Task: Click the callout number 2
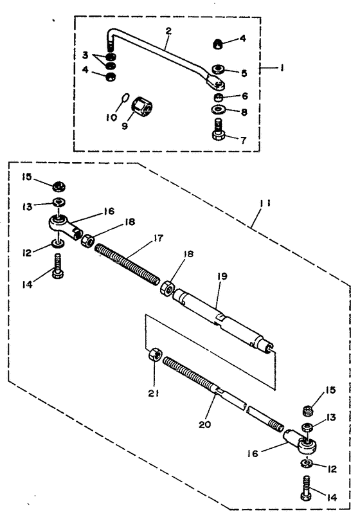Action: tap(168, 32)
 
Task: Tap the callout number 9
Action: tap(125, 126)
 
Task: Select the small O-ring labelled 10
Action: tap(124, 98)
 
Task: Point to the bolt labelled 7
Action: tap(219, 130)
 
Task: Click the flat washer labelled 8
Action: tap(219, 109)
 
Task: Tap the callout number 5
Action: tap(244, 73)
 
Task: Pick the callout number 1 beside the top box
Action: tap(282, 68)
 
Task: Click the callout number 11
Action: tap(265, 203)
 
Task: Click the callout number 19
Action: tap(222, 276)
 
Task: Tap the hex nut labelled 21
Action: tap(155, 354)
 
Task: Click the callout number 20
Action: tap(204, 424)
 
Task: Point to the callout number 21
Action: tap(154, 393)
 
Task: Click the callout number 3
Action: tap(85, 55)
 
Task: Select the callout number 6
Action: tap(245, 96)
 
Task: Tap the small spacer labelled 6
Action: tap(219, 98)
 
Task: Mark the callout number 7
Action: tap(244, 140)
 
